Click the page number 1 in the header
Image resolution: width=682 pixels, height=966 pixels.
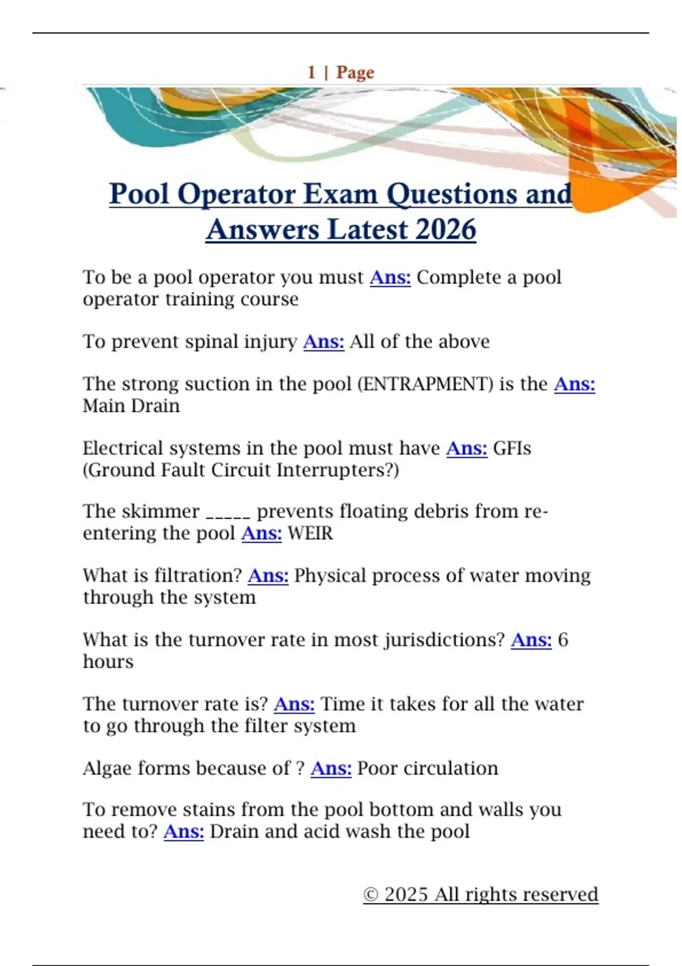coord(311,72)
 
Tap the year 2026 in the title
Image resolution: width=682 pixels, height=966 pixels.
coord(446,230)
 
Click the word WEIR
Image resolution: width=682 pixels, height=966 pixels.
coord(310,534)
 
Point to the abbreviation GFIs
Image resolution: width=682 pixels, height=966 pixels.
coord(512,448)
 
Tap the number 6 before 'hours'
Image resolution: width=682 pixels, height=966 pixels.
coord(563,640)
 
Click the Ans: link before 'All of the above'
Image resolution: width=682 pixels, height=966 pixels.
coord(323,342)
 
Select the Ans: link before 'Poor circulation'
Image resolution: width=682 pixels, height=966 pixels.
coord(331,768)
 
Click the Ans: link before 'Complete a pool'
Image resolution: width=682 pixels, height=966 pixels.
coord(390,277)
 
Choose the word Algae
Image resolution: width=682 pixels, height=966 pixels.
coord(107,768)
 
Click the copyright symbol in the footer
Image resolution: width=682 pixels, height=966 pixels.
coord(371,894)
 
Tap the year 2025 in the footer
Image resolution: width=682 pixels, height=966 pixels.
coord(406,894)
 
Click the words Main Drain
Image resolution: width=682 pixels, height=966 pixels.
coord(131,406)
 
